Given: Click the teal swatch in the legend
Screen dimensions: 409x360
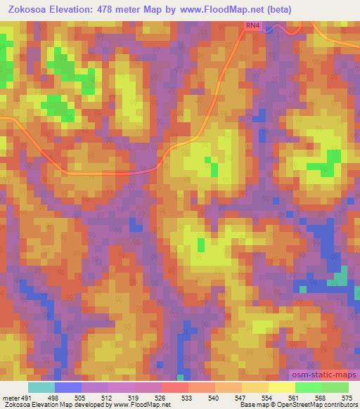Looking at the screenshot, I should coord(41,387).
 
